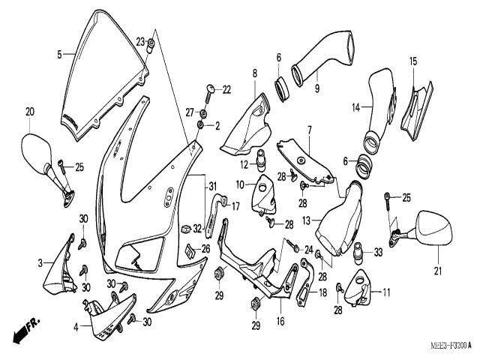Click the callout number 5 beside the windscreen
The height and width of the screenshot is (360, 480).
(59, 54)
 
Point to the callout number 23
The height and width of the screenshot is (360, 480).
(140, 40)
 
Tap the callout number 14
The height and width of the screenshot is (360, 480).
(357, 108)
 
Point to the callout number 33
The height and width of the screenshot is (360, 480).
(379, 252)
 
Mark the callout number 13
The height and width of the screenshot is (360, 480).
(306, 220)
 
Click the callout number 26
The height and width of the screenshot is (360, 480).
(205, 248)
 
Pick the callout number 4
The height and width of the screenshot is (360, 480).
(76, 327)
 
